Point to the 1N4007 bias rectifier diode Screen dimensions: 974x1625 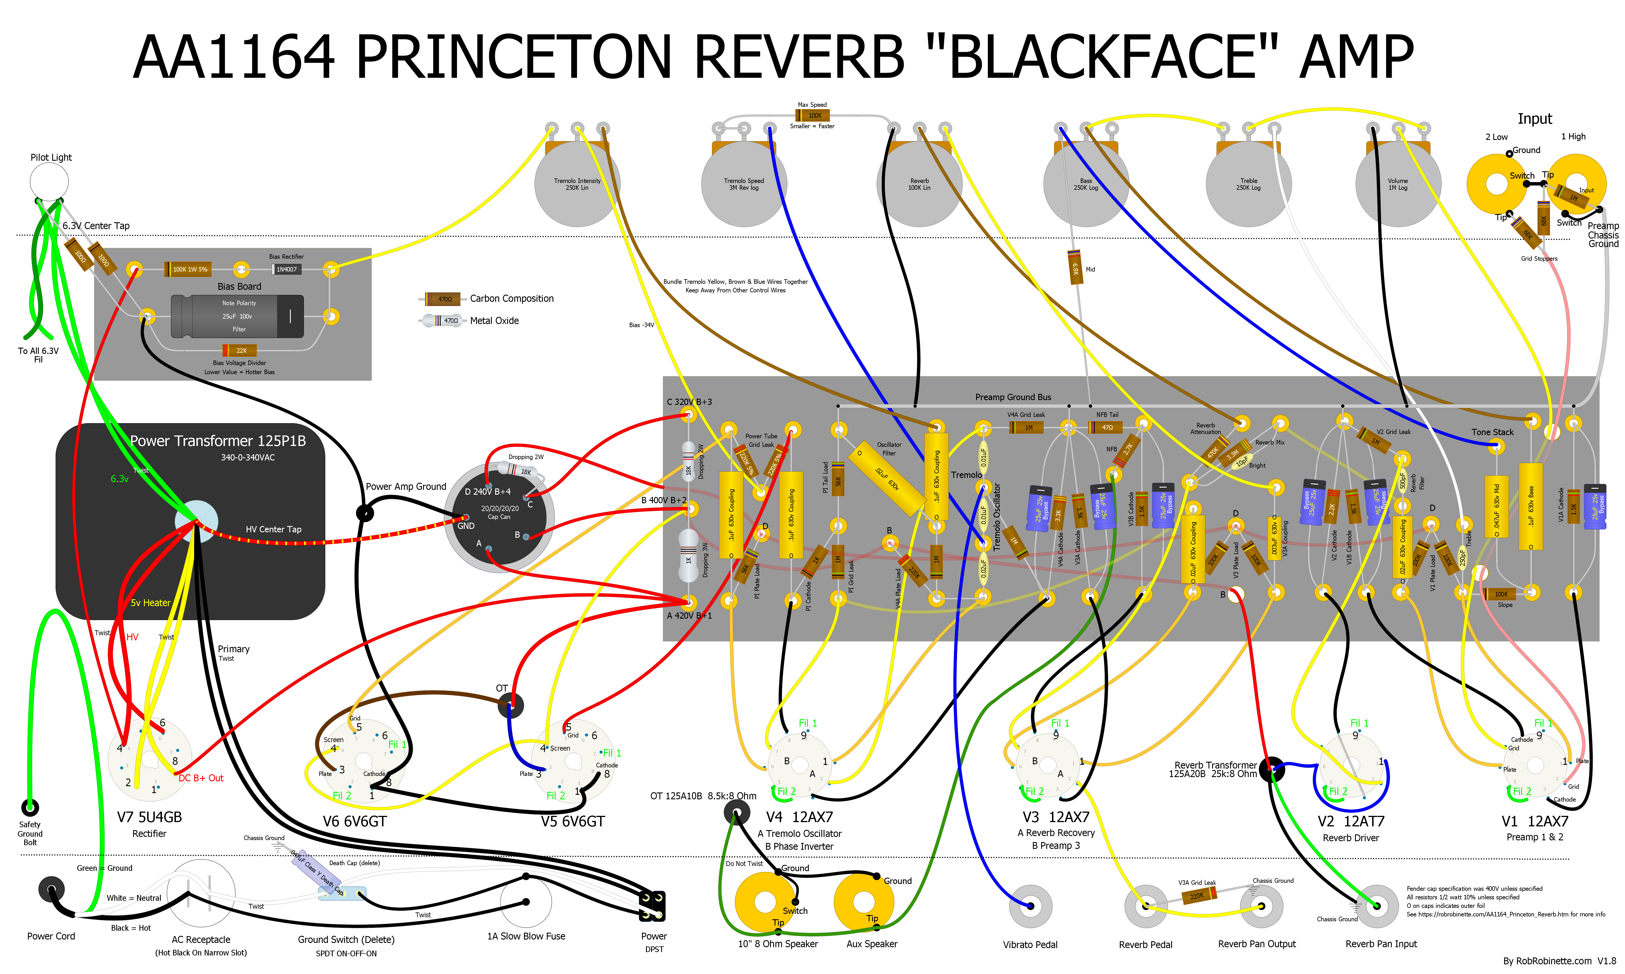[286, 269]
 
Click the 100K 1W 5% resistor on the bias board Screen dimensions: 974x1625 [190, 269]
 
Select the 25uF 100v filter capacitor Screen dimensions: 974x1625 [237, 316]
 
